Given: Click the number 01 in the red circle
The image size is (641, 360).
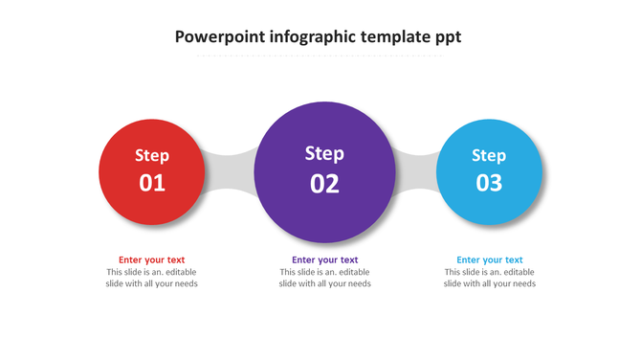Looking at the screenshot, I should pyautogui.click(x=152, y=183).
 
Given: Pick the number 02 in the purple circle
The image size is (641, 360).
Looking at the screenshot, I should pyautogui.click(x=324, y=184).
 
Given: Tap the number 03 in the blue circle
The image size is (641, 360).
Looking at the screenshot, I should pyautogui.click(x=489, y=183).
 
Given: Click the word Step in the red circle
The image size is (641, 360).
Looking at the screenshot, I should pyautogui.click(x=152, y=156).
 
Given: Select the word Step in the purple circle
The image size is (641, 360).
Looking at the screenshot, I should pyautogui.click(x=324, y=153).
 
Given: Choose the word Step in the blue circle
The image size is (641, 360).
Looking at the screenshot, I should pyautogui.click(x=489, y=156).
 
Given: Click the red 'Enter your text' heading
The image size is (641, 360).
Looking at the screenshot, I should pyautogui.click(x=151, y=259).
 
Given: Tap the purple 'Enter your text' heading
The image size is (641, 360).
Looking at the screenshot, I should pyautogui.click(x=325, y=259).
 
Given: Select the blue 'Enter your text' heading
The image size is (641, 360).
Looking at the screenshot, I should pyautogui.click(x=490, y=259).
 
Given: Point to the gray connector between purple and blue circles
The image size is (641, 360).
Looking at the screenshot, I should pyautogui.click(x=416, y=171).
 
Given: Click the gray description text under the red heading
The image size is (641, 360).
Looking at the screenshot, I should pyautogui.click(x=151, y=278).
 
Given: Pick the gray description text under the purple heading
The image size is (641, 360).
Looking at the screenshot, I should pyautogui.click(x=325, y=278).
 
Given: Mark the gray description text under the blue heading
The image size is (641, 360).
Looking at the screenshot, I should pyautogui.click(x=490, y=278).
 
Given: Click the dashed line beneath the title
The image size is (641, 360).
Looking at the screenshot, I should pyautogui.click(x=320, y=56).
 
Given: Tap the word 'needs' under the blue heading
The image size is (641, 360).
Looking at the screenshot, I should pyautogui.click(x=522, y=283).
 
